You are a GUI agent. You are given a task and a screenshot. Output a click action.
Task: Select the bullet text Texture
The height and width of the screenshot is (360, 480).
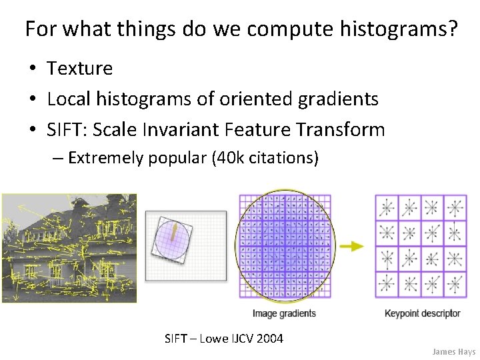point(79,68)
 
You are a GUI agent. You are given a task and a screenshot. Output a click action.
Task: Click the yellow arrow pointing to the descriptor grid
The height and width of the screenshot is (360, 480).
point(351,246)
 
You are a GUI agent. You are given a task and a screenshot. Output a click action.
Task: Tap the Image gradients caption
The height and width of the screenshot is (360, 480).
point(284,313)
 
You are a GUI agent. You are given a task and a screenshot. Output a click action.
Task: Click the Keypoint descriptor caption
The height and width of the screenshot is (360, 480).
point(422,313)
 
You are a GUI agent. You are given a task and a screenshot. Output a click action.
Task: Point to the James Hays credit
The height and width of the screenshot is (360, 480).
point(453,351)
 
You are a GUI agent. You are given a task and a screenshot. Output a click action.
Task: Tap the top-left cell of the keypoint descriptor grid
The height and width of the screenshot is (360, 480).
point(386,208)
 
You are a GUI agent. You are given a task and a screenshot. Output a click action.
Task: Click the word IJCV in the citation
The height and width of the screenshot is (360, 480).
point(243,339)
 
